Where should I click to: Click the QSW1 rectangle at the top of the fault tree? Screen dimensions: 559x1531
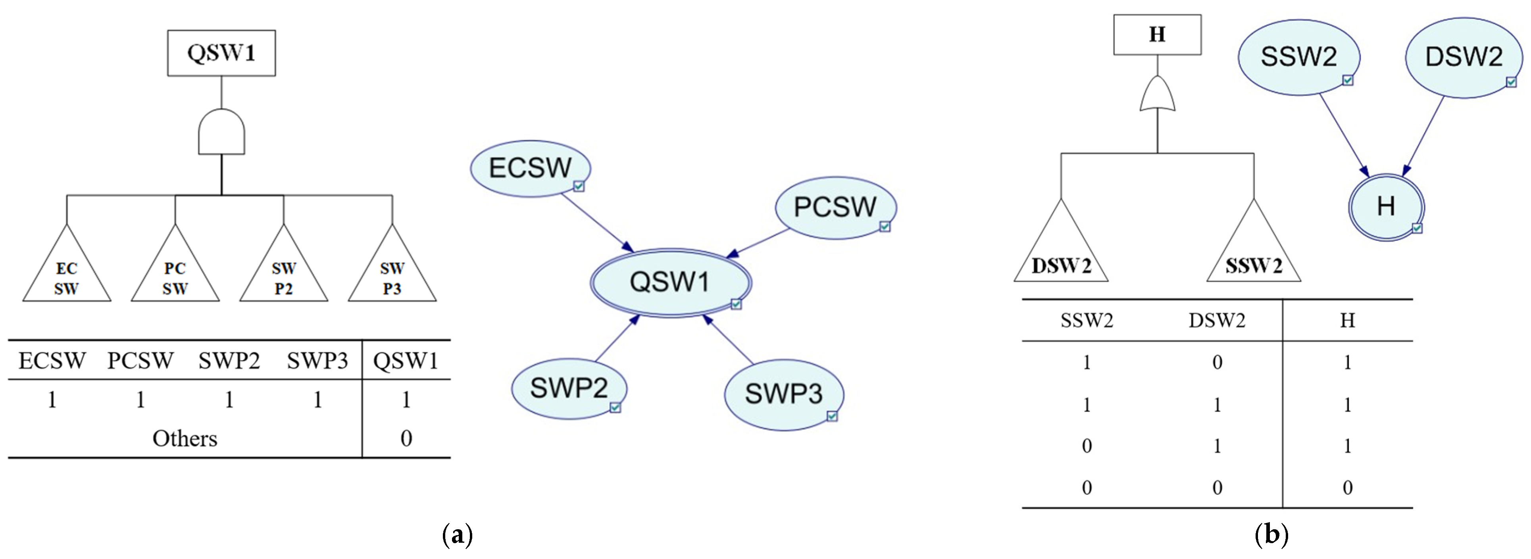click(x=221, y=53)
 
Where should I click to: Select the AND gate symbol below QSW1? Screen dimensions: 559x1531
click(x=221, y=132)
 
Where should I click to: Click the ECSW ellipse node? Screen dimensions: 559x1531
click(x=530, y=168)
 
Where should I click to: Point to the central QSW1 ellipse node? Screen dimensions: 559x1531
click(x=670, y=282)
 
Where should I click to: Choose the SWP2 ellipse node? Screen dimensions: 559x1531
click(x=569, y=388)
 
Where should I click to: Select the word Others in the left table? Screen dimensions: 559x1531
click(x=185, y=438)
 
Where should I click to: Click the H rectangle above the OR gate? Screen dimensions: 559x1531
click(x=1156, y=35)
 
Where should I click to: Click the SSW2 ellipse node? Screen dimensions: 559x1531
click(x=1298, y=57)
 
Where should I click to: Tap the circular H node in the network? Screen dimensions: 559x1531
click(x=1386, y=207)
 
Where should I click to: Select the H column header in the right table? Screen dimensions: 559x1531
click(x=1347, y=321)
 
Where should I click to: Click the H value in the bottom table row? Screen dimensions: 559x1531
click(x=1347, y=488)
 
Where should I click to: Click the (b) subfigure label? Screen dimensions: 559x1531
click(x=1271, y=535)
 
